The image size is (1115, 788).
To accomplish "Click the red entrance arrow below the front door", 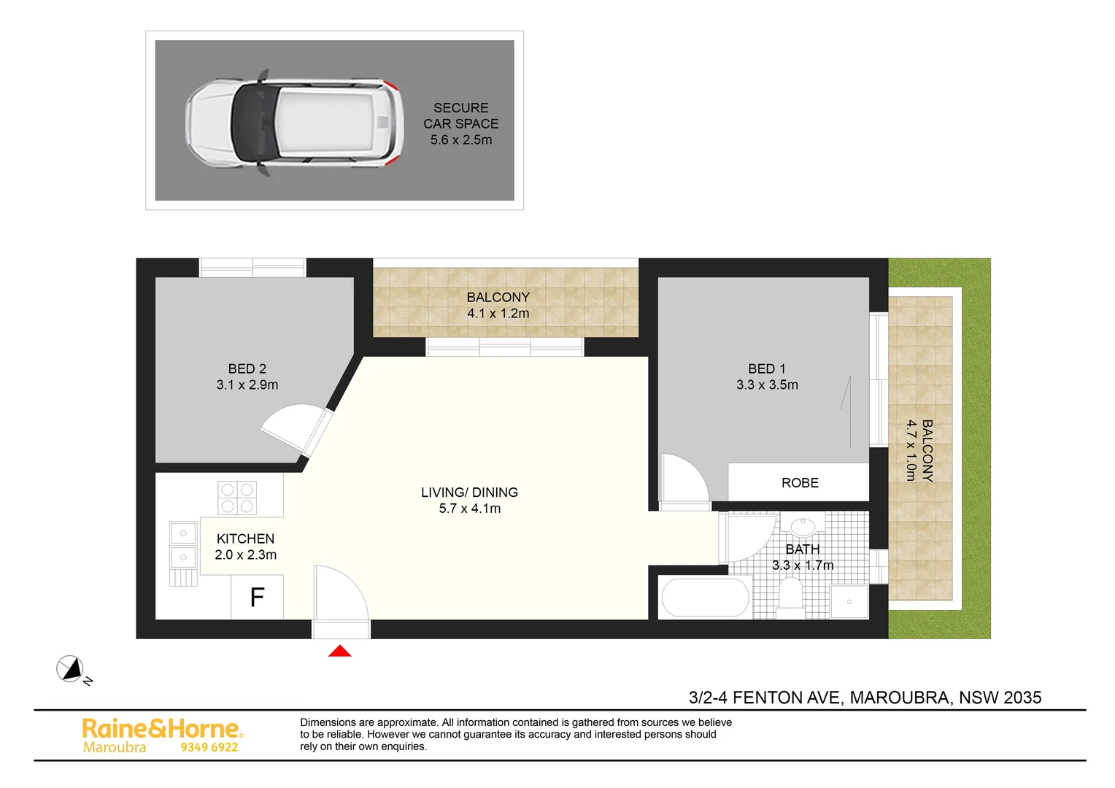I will point(340,651).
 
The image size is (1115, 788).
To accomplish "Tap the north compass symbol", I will point(70,668).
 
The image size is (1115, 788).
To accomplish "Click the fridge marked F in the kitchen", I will point(257,598).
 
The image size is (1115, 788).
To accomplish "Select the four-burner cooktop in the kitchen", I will point(237,498).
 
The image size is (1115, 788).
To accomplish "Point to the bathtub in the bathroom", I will point(705,598).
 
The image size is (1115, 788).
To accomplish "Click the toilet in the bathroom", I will point(790,592).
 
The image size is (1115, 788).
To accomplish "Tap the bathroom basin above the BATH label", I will point(803,525).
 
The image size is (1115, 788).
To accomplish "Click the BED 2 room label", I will point(247,369).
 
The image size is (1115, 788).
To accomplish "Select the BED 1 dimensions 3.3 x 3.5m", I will point(767,385).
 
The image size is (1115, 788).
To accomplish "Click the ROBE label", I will point(800,483).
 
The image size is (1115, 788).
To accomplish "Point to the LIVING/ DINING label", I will point(469,492).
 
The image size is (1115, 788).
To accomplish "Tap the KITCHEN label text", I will point(245,538).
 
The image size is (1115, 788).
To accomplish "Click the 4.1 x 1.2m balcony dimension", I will point(498,314).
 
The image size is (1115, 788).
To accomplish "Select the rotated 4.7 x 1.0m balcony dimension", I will point(911,450).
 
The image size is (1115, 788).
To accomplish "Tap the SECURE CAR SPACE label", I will point(461,116).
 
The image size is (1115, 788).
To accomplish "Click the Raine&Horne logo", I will point(162,728).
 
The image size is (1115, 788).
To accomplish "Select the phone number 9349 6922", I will point(209,747).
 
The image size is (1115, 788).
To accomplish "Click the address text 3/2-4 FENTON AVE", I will point(766,698).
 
